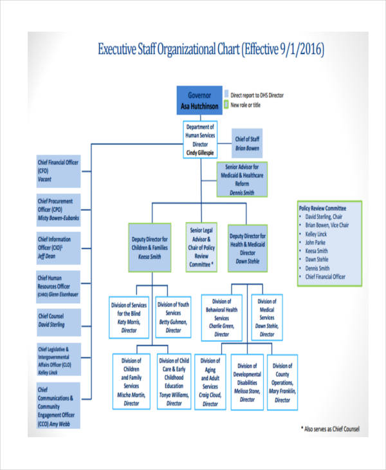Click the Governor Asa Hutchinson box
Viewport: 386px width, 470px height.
click(199, 100)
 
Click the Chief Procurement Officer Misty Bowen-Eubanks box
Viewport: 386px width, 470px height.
click(58, 210)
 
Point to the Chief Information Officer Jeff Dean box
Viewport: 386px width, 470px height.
click(58, 248)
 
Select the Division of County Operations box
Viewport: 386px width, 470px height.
click(283, 382)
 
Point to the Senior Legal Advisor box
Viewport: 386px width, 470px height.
click(201, 247)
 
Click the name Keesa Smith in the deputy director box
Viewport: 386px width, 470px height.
click(151, 255)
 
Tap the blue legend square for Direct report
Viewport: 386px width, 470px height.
click(226, 95)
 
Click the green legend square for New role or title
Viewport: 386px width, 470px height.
click(226, 104)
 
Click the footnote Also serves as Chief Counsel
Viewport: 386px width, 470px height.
click(330, 428)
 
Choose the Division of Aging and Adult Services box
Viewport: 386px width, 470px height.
click(210, 382)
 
